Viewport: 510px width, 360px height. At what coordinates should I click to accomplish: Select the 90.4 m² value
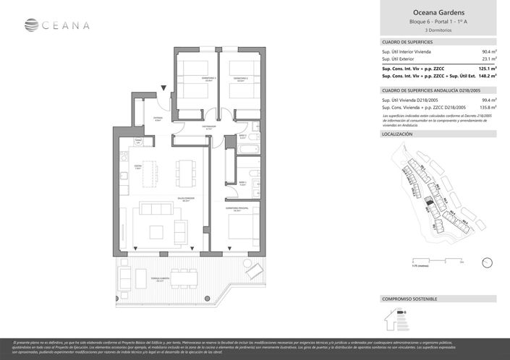coord(488,52)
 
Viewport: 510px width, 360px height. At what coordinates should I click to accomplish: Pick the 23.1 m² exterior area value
coord(488,59)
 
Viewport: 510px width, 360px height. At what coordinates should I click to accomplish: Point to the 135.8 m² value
coord(488,107)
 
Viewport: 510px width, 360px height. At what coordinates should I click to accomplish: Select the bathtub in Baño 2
coord(245,150)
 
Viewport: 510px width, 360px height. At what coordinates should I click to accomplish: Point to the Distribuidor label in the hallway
coord(190,124)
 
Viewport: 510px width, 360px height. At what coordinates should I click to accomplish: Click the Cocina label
coord(137,166)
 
